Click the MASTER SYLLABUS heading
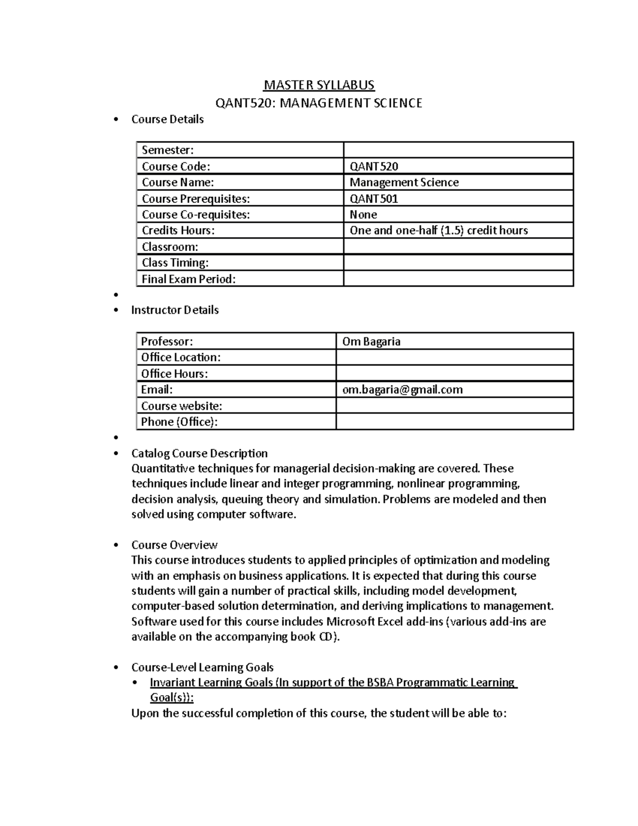[319, 85]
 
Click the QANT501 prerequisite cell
[374, 198]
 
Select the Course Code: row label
[176, 166]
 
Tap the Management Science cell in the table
[404, 182]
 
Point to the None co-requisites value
[363, 214]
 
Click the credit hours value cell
[439, 230]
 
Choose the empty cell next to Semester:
[458, 150]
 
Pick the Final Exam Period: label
[188, 279]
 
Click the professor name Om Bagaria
[371, 341]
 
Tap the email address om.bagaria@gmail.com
[402, 389]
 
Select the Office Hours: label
[174, 373]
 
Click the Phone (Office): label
[180, 422]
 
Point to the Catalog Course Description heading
[199, 453]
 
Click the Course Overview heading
[174, 545]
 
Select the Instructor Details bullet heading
[175, 310]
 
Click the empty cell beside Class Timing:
[458, 263]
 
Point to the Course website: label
[181, 406]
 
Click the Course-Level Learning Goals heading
[202, 667]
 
